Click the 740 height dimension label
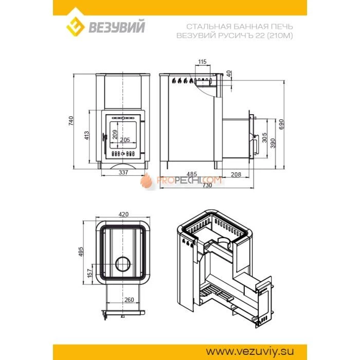tap(71, 121)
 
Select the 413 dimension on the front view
tap(86, 135)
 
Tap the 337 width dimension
tap(123, 172)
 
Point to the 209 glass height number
tap(115, 134)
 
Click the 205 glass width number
tap(125, 139)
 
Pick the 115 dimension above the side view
tap(202, 62)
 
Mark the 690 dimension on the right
tap(281, 124)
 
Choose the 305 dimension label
tap(264, 137)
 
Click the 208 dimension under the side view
tap(236, 174)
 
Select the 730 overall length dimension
tap(207, 185)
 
